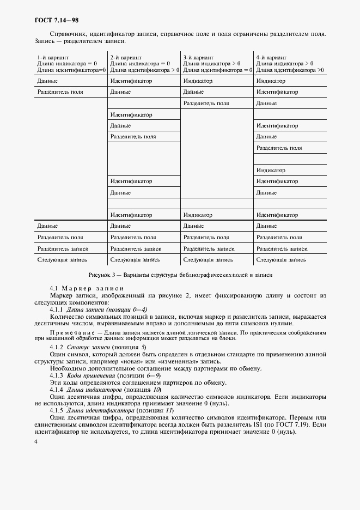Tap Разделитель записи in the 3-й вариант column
[208, 248]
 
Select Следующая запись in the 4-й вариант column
[281, 260]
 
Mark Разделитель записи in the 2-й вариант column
[135, 248]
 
